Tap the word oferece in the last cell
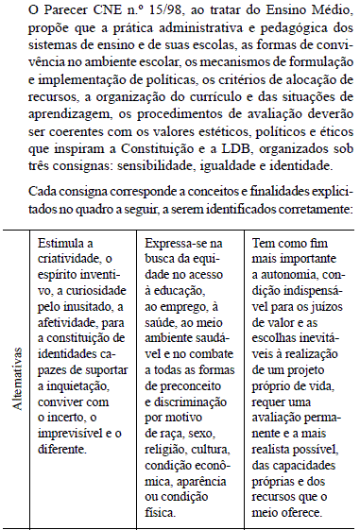pos(304,515)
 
